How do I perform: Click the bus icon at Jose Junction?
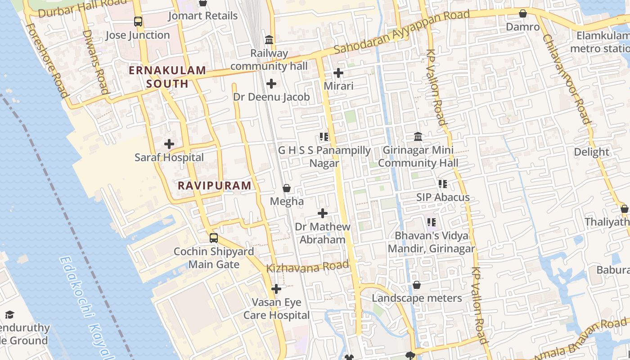138,21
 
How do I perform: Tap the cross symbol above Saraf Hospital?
169,144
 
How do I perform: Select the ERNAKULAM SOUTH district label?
167,77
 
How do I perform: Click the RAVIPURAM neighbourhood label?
215,185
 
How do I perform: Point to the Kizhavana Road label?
308,267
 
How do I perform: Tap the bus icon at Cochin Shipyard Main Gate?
214,238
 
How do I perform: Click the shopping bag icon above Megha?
287,188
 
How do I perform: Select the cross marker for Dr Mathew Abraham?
323,213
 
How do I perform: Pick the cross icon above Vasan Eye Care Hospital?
276,288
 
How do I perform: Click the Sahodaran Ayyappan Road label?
402,31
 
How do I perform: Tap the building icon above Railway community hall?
269,40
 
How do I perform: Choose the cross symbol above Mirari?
338,72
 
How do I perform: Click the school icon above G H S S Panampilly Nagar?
324,136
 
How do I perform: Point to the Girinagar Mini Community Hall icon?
418,136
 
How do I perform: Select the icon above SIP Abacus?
443,184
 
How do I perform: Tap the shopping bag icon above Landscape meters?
417,285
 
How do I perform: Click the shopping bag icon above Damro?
523,13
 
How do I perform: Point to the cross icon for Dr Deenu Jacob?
271,84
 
